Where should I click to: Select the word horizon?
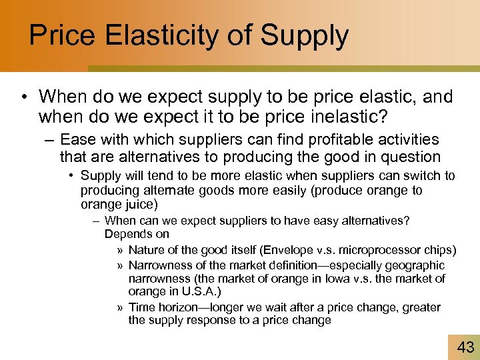tap(175, 307)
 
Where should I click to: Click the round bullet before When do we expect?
tap(24, 98)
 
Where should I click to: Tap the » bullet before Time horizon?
tap(119, 307)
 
